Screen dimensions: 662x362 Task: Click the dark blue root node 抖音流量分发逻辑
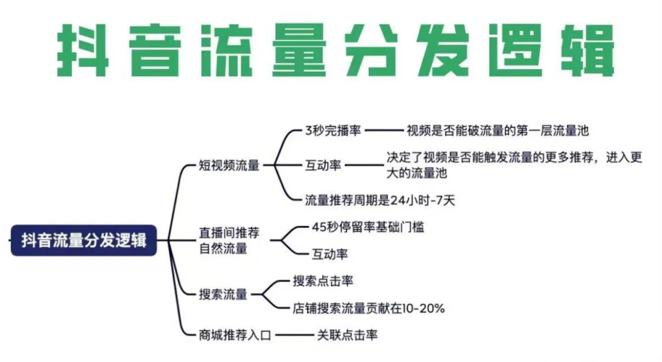84,240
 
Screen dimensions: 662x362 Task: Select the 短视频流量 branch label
229,166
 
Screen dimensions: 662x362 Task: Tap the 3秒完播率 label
333,130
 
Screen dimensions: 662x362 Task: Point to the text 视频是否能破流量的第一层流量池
497,130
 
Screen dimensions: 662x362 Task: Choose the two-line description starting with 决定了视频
514,165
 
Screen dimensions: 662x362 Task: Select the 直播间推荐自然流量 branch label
229,241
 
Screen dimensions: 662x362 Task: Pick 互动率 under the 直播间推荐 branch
330,253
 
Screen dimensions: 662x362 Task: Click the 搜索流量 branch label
223,295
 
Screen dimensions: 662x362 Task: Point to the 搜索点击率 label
323,281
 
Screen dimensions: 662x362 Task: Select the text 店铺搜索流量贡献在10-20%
368,308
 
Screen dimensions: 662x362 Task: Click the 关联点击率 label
347,335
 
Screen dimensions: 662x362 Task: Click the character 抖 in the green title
83,50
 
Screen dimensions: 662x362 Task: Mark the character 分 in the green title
370,50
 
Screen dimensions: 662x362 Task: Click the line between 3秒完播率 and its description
383,130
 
